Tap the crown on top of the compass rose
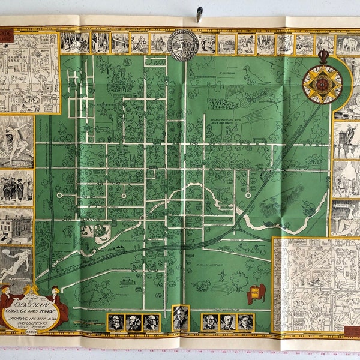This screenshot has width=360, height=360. coord(323,56)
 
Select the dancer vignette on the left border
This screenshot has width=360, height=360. coord(16,141)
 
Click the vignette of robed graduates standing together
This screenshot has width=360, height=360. coord(16,187)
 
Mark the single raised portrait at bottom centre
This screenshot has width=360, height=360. coord(180,318)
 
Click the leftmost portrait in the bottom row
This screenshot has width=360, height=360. coord(115,323)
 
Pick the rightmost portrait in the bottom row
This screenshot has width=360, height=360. coord(245,323)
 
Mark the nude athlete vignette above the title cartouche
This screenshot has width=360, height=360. coord(16,264)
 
